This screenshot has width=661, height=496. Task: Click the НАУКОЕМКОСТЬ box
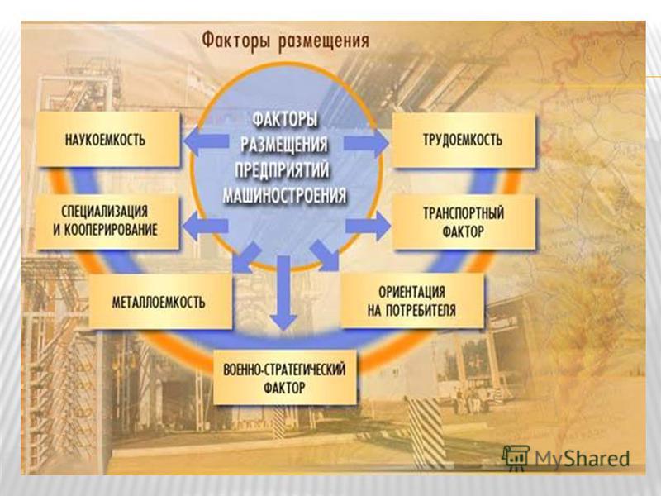[108, 140]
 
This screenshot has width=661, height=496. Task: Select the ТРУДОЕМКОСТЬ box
[464, 140]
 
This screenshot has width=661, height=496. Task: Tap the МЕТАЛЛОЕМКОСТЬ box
[160, 302]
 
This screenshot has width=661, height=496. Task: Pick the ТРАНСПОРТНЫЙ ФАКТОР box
[464, 222]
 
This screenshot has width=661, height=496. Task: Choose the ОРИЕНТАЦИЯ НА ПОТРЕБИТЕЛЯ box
[411, 300]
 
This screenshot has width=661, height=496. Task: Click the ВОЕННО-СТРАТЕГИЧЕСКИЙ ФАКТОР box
[284, 378]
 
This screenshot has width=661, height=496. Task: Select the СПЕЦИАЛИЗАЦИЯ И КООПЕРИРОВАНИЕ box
[107, 221]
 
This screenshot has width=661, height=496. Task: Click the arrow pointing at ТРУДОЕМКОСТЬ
[366, 143]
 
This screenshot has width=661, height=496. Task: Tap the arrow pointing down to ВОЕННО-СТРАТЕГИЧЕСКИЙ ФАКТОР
[283, 293]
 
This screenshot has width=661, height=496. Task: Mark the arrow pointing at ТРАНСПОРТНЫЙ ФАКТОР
[368, 226]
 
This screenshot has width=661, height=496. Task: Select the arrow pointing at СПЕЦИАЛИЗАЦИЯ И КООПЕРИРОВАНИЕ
[205, 225]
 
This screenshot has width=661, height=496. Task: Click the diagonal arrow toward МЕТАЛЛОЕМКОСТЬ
[246, 257]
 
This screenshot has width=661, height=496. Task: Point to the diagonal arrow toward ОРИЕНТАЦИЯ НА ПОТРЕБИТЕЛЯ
[324, 255]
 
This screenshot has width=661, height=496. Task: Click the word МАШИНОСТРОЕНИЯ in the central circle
[284, 196]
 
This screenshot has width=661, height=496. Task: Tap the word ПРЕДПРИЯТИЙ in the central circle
[282, 170]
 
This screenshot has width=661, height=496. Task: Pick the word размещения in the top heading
[323, 42]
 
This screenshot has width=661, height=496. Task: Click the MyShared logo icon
[516, 458]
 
